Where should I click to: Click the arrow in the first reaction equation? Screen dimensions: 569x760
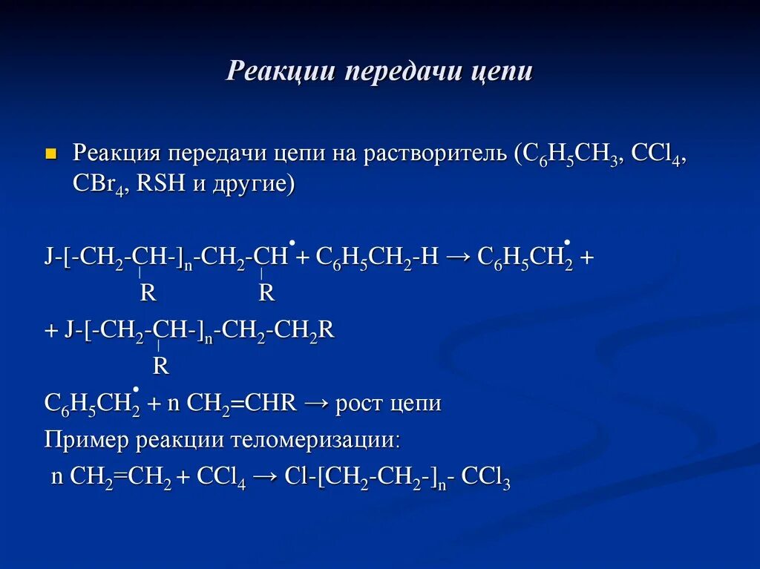pos(458,257)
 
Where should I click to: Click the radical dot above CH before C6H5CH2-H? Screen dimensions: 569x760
pos(292,243)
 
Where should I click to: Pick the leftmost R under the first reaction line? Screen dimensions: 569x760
pos(148,294)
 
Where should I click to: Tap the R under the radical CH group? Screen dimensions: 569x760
pos(266,294)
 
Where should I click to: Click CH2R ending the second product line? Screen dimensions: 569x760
pos(305,331)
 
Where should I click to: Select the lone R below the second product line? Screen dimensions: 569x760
pos(160,366)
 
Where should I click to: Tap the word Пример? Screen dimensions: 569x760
pos(88,440)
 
